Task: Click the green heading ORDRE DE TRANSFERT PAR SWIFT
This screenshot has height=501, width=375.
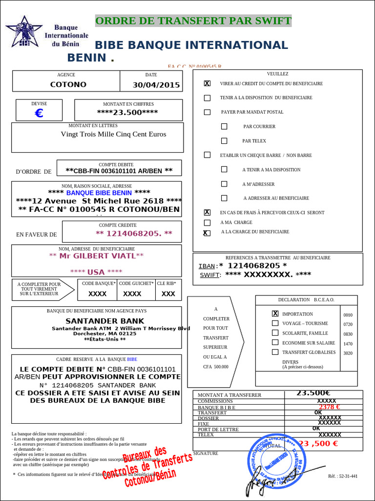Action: (193, 21)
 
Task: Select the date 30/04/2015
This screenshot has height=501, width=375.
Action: (156, 85)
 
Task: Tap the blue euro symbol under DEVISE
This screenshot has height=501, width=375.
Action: (39, 114)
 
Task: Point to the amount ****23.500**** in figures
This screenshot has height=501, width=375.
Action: (127, 112)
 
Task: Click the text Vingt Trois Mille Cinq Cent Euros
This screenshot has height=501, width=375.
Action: (113, 134)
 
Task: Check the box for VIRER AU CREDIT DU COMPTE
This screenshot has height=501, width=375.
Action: (207, 84)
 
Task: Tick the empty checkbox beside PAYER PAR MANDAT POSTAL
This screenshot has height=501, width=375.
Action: (207, 112)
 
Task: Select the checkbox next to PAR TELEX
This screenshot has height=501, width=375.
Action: (224, 141)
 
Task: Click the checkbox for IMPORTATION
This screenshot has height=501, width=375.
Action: (275, 314)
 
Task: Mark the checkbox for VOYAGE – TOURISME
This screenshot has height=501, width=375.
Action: (275, 323)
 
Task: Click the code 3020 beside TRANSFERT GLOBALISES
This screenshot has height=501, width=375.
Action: (348, 353)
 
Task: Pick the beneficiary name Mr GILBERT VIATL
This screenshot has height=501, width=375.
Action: (97, 256)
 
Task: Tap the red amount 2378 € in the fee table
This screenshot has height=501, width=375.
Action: (329, 407)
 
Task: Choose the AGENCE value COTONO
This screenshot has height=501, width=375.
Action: (68, 84)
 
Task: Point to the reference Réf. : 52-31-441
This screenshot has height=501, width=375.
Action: (343, 476)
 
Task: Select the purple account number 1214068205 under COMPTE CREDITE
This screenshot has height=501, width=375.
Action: (134, 233)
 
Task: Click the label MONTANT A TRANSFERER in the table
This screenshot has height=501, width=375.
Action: (229, 395)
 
